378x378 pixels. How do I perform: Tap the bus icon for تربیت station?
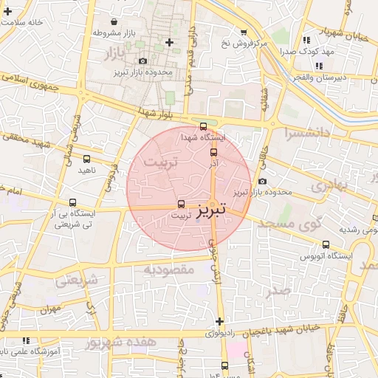click(x=181, y=205)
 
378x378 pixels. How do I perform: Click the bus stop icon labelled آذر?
click(x=214, y=152)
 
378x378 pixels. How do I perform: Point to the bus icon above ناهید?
click(x=87, y=158)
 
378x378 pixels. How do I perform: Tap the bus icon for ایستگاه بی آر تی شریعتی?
click(x=72, y=202)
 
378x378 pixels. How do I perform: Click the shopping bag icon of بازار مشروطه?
click(x=121, y=21)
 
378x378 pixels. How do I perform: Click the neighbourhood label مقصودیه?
click(x=168, y=270)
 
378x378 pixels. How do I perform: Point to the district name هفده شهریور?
click(x=120, y=343)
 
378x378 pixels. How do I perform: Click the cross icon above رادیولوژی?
click(x=219, y=321)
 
